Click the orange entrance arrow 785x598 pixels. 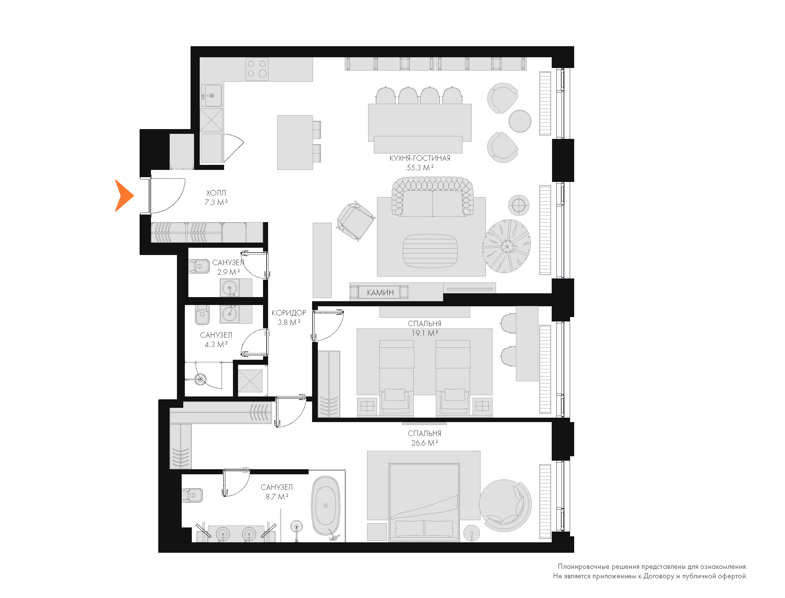(x=123, y=196)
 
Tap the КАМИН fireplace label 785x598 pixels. (x=380, y=293)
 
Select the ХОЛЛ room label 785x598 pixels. (x=216, y=193)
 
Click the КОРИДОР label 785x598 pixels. (x=289, y=313)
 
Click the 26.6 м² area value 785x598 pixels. (x=424, y=443)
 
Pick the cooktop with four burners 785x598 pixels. (x=257, y=69)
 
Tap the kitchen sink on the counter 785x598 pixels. (x=211, y=96)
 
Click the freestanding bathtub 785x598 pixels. (x=326, y=506)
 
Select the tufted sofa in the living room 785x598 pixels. (x=433, y=196)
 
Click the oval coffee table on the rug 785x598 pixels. (x=430, y=250)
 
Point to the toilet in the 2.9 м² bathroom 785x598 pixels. (x=199, y=266)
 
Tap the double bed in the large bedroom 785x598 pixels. (x=424, y=502)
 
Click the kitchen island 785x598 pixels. (x=295, y=142)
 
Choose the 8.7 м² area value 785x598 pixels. (x=277, y=496)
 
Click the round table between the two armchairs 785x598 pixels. (x=520, y=121)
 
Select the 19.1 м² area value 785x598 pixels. (x=424, y=333)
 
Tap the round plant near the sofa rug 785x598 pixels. (x=506, y=246)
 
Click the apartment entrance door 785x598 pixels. (x=150, y=196)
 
